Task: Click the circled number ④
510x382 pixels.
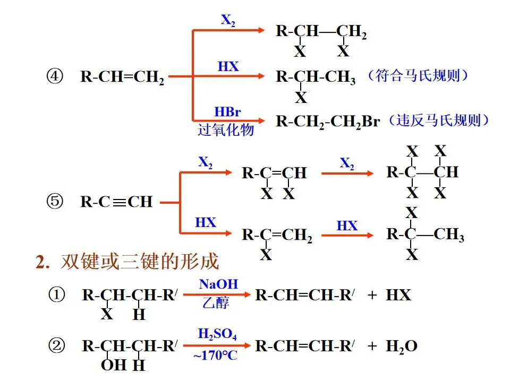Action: click(55, 77)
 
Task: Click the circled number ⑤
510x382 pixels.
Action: click(55, 202)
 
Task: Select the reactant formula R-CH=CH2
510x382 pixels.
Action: click(122, 77)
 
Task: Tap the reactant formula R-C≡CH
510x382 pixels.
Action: click(116, 202)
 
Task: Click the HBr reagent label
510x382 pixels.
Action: click(227, 112)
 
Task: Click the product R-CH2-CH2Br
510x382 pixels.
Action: click(328, 121)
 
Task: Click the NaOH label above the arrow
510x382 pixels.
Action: click(218, 284)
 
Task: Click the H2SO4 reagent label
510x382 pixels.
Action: click(217, 334)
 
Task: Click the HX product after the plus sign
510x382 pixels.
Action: click(398, 296)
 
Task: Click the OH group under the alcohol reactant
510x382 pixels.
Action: click(112, 364)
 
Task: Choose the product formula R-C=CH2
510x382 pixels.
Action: click(277, 235)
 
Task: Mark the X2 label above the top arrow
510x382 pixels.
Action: click(228, 21)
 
